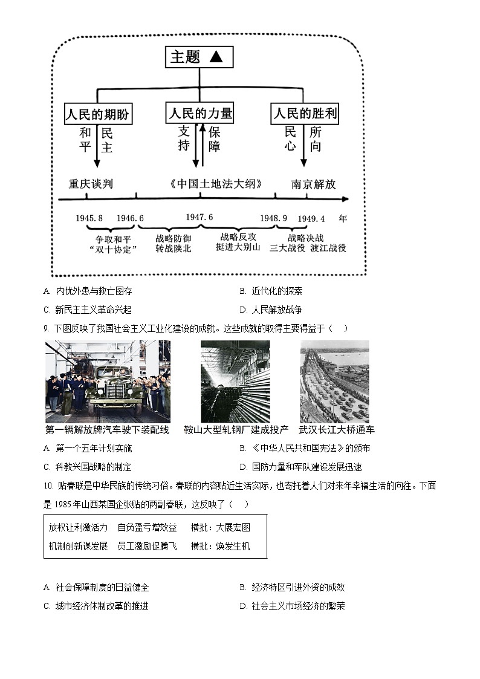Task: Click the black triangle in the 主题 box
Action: tap(216, 57)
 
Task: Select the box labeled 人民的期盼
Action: tap(97, 114)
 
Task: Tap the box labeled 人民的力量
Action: tap(199, 113)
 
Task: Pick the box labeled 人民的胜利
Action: tap(305, 113)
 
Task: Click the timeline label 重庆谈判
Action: tap(91, 184)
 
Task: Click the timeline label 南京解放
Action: tap(313, 184)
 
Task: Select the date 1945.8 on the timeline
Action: tap(89, 218)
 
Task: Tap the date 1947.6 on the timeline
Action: tap(199, 217)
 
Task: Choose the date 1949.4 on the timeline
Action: tap(311, 218)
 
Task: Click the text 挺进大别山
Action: tap(239, 247)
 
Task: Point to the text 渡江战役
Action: tap(329, 247)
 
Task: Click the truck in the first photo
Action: tap(115, 393)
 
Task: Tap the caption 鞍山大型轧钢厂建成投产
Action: tap(236, 430)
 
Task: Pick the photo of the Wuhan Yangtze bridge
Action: tap(334, 382)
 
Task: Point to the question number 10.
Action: tap(47, 486)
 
